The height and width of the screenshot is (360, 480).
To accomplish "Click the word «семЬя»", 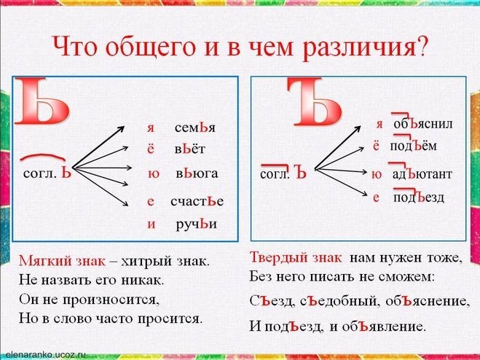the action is point(195,128).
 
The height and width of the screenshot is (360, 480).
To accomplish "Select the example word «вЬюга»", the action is point(197,173).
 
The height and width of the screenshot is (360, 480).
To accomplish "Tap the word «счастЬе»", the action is point(197,201).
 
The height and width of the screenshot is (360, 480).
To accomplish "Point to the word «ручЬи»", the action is point(197,224).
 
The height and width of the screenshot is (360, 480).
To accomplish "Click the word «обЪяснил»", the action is point(423,124).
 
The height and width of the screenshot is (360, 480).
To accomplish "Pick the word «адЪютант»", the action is point(422,174).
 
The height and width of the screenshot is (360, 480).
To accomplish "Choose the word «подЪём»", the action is point(413,146).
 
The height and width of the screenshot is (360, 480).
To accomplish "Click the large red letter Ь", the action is point(42,102).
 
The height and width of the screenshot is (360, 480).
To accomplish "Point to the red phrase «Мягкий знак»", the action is point(62,262).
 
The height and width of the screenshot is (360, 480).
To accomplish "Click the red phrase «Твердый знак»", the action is point(296,257).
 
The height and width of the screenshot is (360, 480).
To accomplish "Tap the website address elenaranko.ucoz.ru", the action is point(44,354).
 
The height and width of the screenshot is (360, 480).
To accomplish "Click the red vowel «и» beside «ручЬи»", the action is point(152,224).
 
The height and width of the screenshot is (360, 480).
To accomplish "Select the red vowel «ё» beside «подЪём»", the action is point(376,146).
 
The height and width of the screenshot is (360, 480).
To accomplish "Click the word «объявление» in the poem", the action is point(384,326).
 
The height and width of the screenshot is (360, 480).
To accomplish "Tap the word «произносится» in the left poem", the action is point(111,300).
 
